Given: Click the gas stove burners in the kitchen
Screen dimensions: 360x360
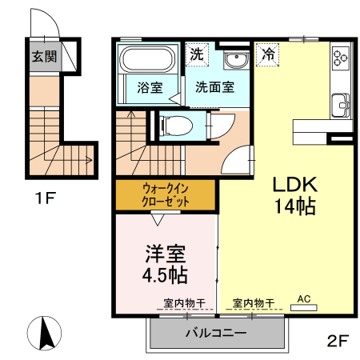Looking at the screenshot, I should pos(342,58).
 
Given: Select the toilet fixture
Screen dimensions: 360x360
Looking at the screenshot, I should pos(176,125).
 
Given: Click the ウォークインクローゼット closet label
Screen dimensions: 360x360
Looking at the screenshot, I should pos(166,195).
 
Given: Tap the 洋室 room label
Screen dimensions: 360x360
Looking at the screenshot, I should pos(166,254).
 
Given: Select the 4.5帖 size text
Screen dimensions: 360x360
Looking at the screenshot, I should pos(166,276).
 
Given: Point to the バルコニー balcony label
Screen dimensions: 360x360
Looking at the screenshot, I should pos(215,333).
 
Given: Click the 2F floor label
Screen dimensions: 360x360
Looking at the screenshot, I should pos(337,342).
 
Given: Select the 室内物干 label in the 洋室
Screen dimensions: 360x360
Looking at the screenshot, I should pos(185,303).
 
